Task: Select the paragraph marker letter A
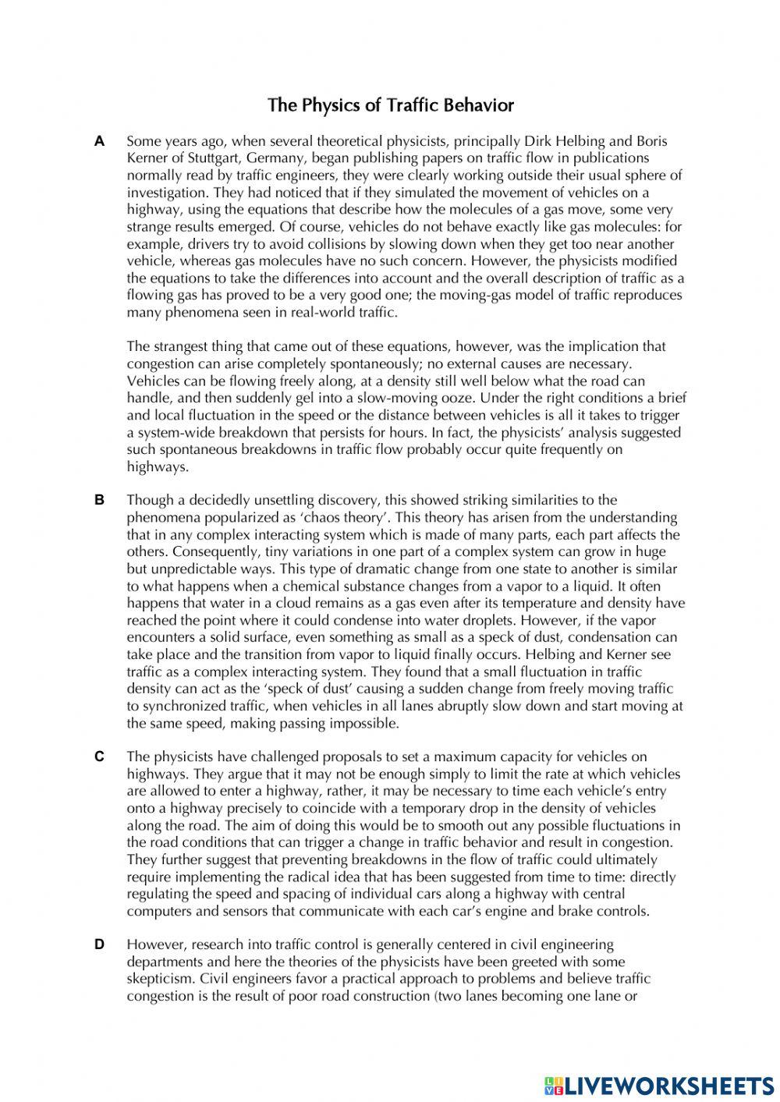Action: [99, 141]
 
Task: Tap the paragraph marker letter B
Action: [99, 500]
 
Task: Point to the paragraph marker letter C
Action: [99, 757]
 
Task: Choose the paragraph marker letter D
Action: [99, 944]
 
